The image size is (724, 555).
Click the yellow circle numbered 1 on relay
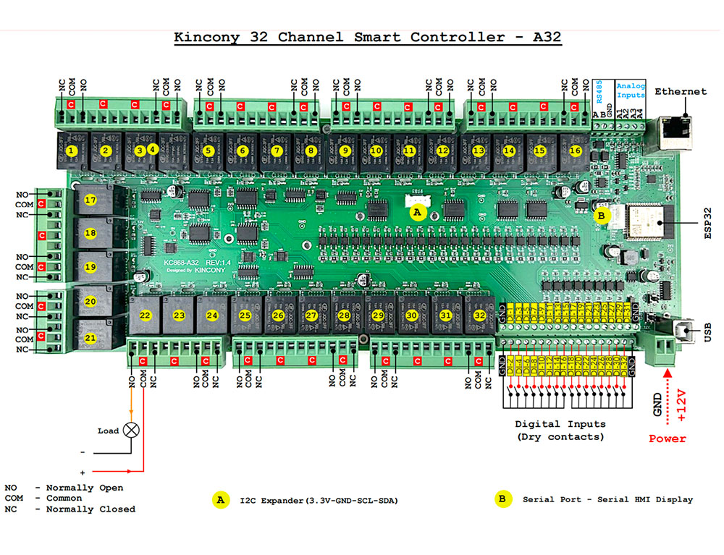point(71,151)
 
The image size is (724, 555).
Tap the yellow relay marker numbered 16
point(576,151)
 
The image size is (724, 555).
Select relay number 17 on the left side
point(90,200)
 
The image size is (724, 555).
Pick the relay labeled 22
point(146,315)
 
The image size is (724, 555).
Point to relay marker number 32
point(479,315)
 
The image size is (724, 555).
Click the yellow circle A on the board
point(416,212)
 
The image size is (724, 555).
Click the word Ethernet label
point(681,91)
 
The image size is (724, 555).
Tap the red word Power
point(667,439)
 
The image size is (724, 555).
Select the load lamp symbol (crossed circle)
point(132,430)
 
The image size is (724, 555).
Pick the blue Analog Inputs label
point(631,90)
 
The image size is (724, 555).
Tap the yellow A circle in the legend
point(219,499)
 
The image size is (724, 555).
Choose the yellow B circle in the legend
point(501,499)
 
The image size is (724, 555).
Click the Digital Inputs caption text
point(560,424)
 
